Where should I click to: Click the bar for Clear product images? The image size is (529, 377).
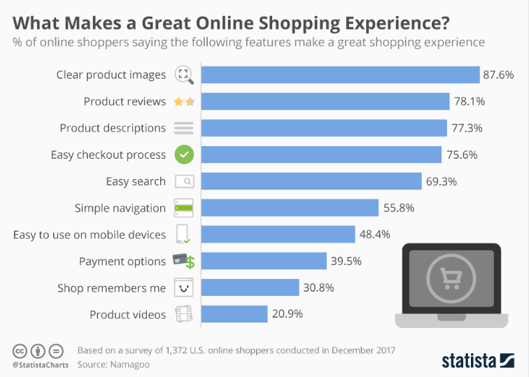[340, 75]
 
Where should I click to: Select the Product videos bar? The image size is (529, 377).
[234, 314]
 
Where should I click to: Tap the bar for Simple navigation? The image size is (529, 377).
[290, 208]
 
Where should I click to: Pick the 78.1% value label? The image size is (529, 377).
[469, 101]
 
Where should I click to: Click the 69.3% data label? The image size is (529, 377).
[441, 181]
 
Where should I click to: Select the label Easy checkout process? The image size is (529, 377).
[108, 155]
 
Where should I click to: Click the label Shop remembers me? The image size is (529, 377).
[112, 287]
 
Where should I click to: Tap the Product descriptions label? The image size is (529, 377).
[113, 128]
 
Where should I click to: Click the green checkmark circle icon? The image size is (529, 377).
[184, 155]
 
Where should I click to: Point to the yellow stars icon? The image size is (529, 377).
[184, 101]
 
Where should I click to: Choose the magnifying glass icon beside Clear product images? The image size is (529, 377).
[183, 75]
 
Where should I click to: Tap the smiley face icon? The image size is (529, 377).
[184, 287]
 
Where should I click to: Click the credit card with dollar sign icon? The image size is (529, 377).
[184, 261]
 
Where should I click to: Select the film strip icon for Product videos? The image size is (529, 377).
[184, 314]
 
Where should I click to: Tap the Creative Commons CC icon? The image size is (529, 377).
[21, 350]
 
